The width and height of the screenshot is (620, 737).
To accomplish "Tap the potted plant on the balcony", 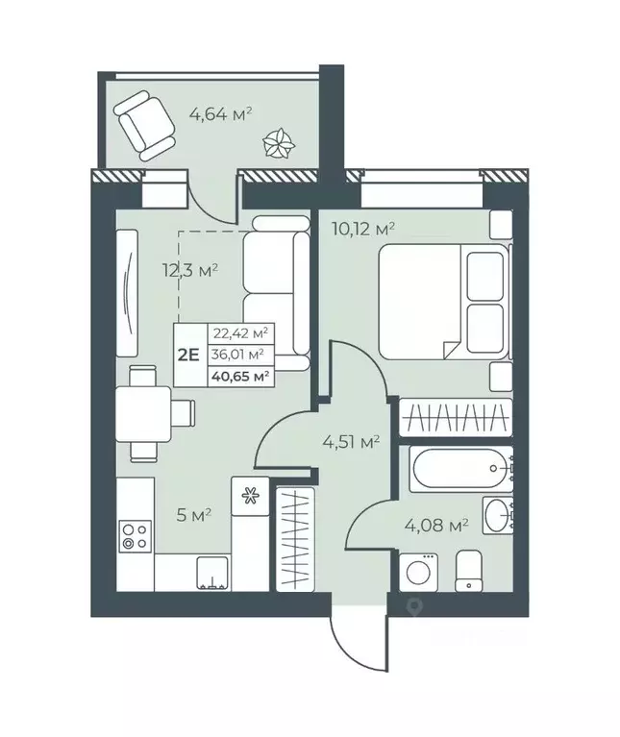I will (x=279, y=144).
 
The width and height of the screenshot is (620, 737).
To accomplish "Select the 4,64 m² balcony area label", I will (x=220, y=113).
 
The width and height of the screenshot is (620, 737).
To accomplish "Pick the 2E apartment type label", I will (x=188, y=353).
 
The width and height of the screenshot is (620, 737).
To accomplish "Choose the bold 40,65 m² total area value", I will (x=240, y=375).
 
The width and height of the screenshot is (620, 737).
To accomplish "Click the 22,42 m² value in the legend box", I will (x=240, y=333).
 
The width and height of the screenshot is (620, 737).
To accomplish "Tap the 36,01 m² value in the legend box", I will (x=240, y=354).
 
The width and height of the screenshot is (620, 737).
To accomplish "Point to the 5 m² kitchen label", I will (x=195, y=514).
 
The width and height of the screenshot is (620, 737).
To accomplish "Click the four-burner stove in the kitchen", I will (x=134, y=535).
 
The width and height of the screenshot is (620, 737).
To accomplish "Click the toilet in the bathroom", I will (x=470, y=571).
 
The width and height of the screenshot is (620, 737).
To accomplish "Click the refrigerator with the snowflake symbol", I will (x=250, y=496).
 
